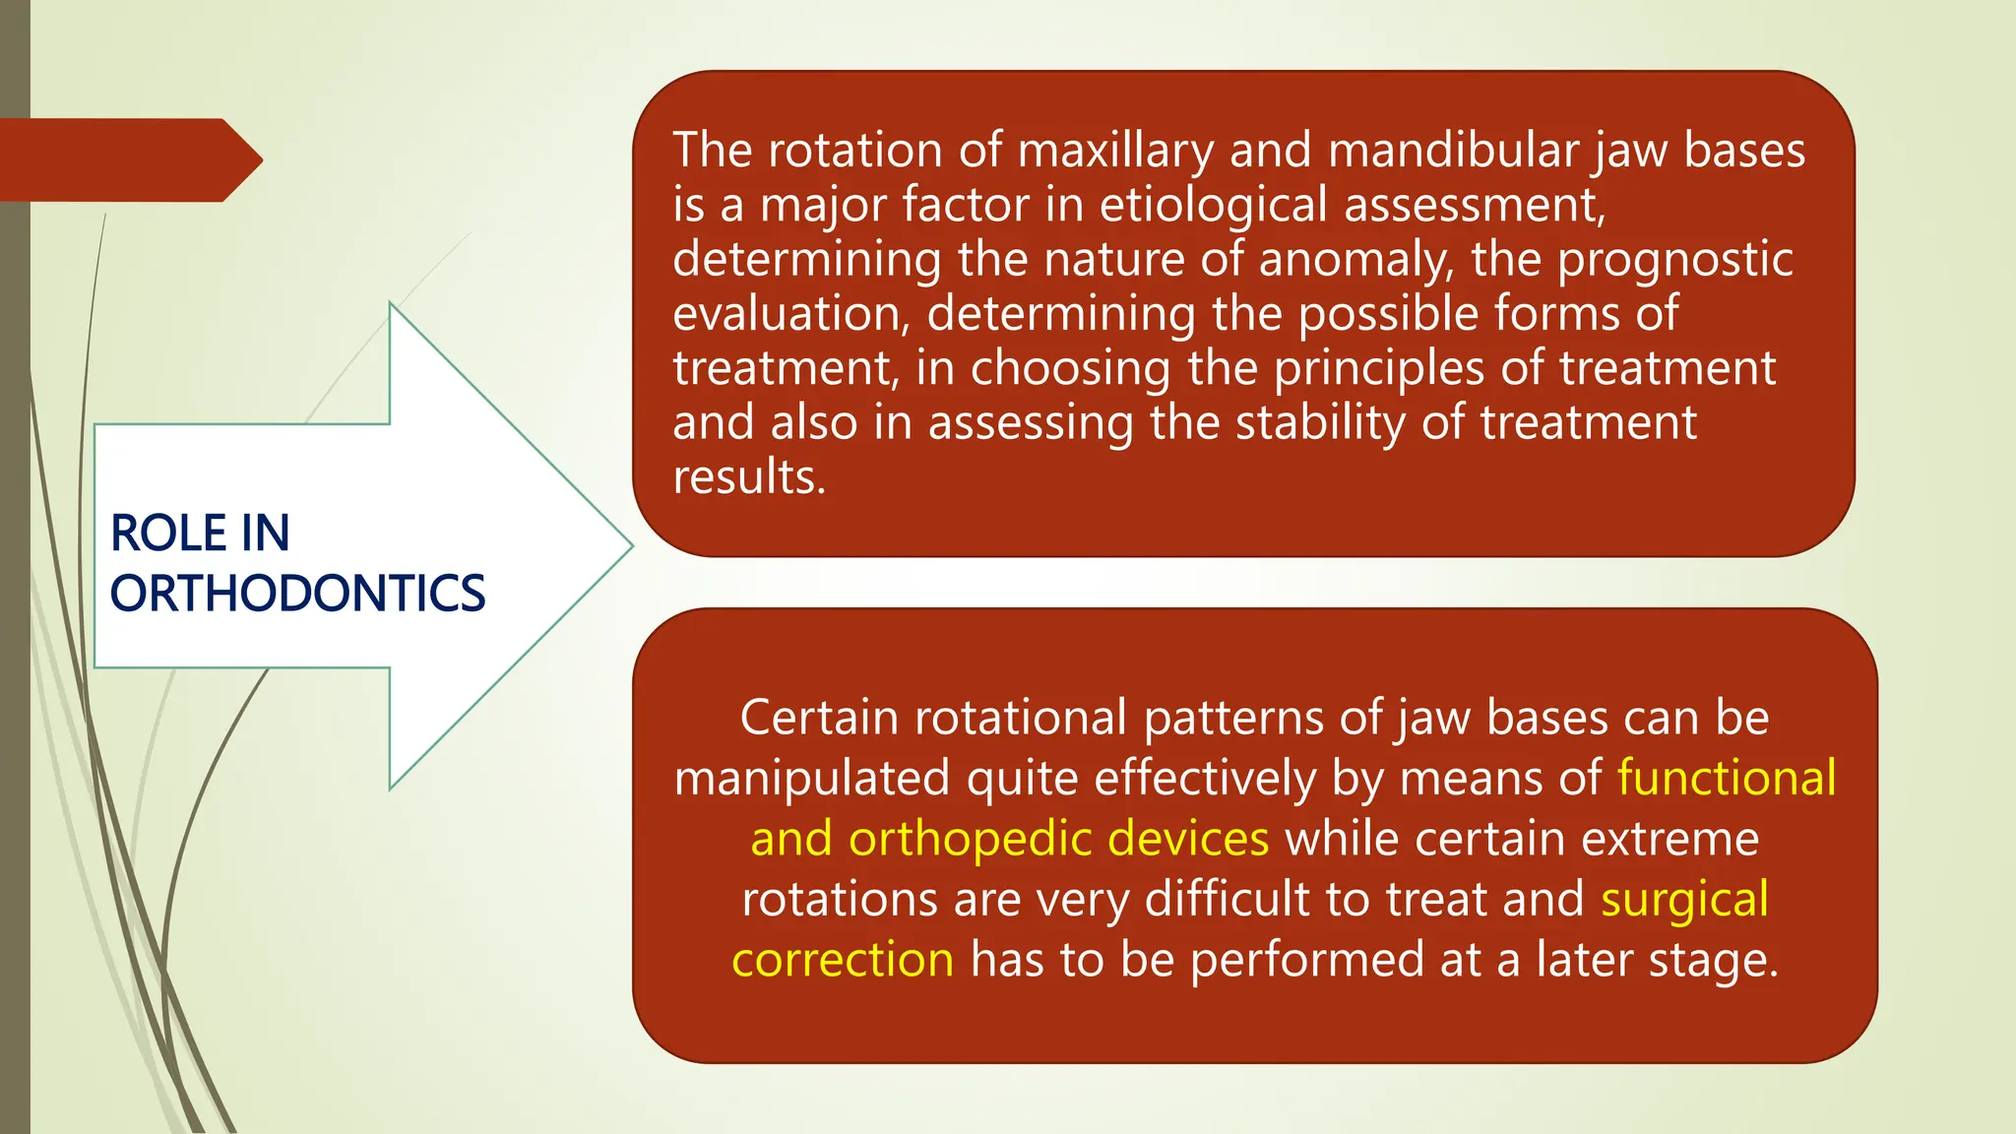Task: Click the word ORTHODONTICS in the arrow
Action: click(x=297, y=594)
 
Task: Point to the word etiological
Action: click(x=1213, y=205)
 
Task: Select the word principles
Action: click(x=1378, y=368)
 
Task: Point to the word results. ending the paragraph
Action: click(x=748, y=477)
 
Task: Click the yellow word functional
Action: click(x=1727, y=778)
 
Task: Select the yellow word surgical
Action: click(x=1684, y=900)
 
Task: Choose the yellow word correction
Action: click(x=843, y=960)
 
